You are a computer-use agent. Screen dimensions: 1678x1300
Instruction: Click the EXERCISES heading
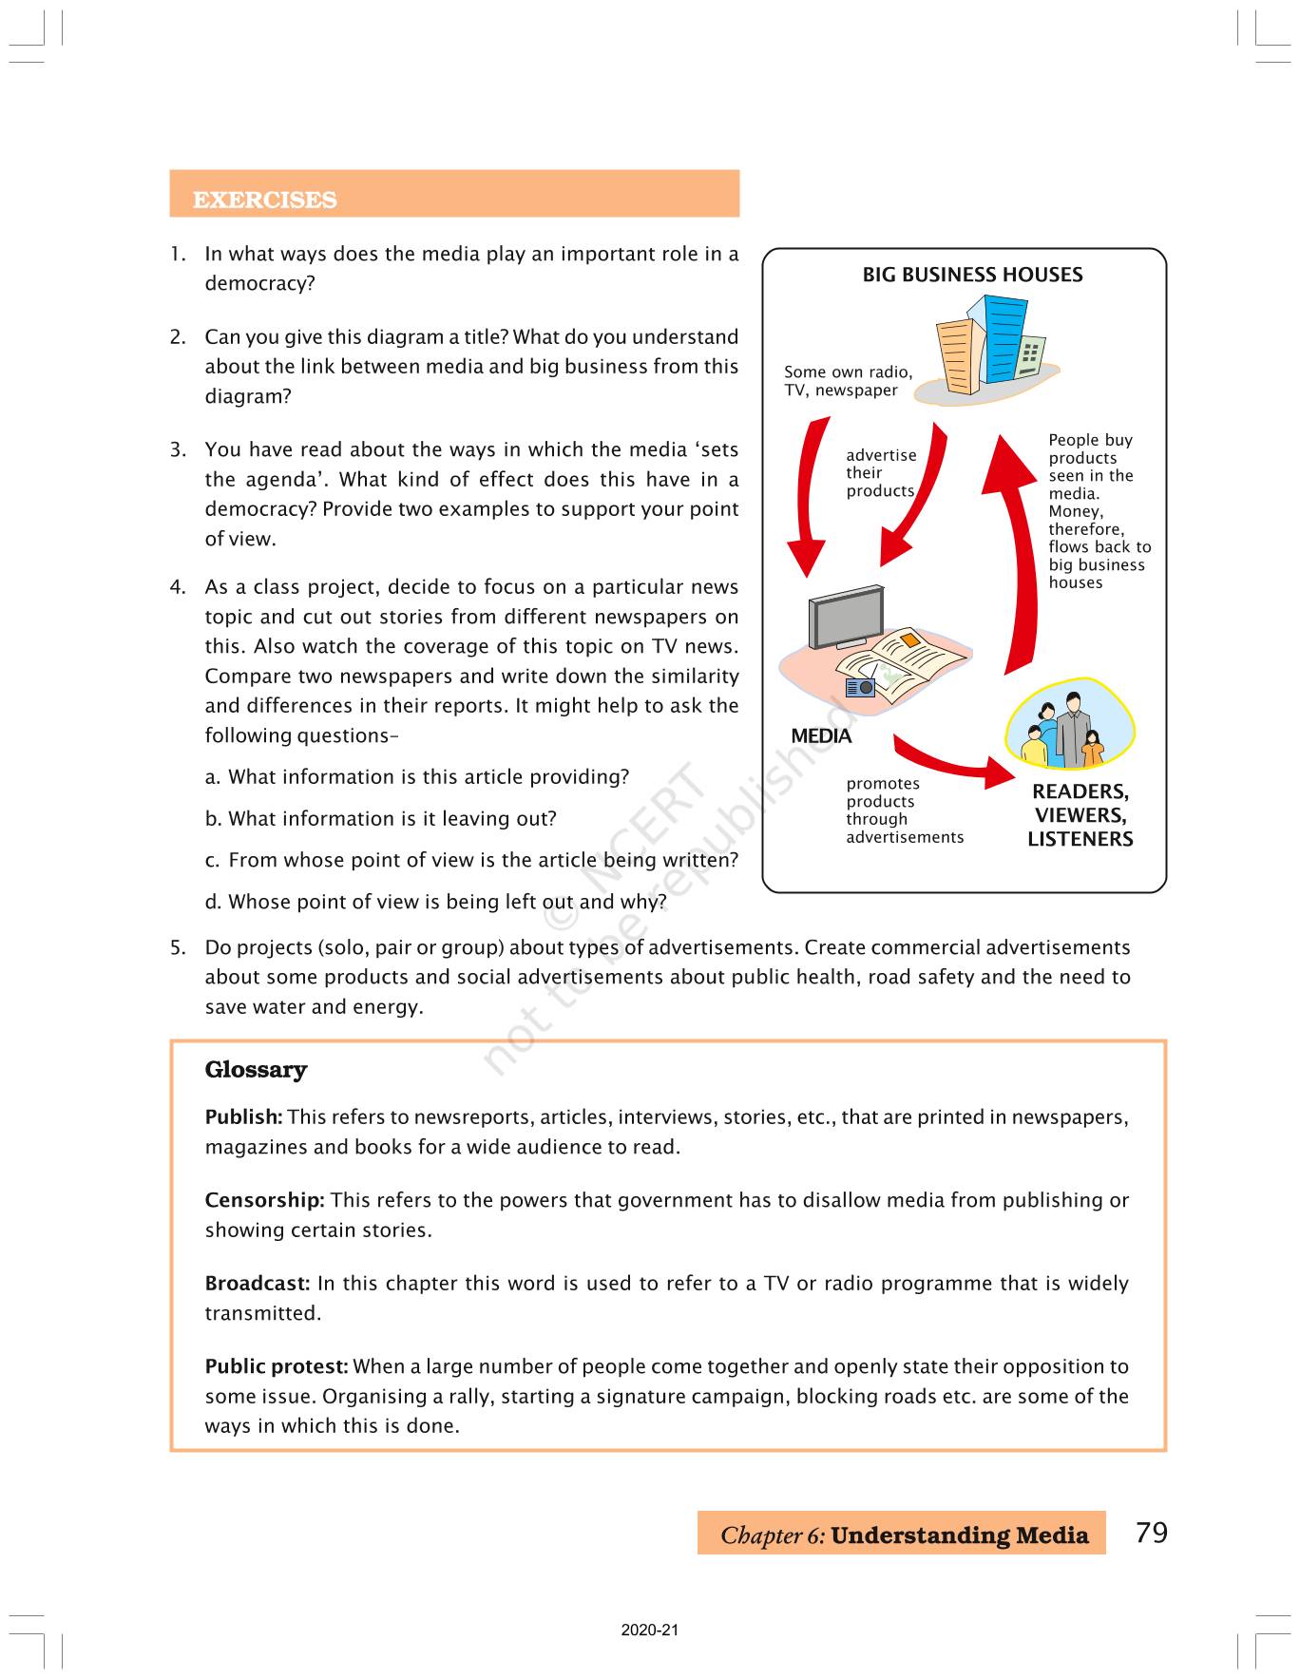point(264,200)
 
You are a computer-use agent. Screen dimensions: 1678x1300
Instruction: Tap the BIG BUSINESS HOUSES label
point(972,275)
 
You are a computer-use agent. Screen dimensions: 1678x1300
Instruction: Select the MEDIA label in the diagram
point(821,736)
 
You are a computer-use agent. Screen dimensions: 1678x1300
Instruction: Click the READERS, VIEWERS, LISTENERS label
point(1080,815)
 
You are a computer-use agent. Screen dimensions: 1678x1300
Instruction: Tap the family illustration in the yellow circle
point(1069,730)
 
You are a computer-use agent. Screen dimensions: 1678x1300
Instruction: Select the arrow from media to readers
point(950,760)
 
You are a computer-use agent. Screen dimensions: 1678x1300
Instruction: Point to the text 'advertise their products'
point(881,473)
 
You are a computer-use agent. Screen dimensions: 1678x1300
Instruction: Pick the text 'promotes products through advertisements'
point(904,810)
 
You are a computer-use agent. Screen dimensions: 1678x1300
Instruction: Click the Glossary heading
point(256,1070)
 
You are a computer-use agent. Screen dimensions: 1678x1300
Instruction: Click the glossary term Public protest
point(277,1366)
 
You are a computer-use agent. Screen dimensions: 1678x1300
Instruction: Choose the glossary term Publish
point(243,1117)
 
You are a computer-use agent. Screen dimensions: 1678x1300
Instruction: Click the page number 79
point(1152,1533)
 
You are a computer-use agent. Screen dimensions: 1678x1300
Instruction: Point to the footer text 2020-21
point(650,1630)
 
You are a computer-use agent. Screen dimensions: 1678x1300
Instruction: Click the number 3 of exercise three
point(177,450)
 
